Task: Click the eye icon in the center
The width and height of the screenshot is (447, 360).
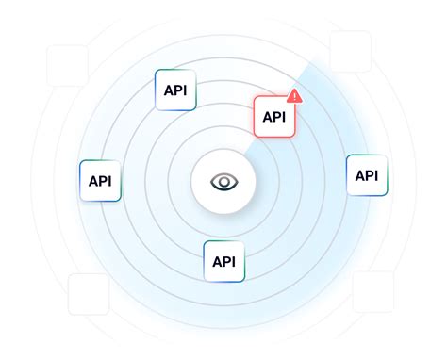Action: click(223, 181)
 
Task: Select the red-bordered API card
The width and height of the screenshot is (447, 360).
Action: click(273, 117)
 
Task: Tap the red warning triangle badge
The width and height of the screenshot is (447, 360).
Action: click(294, 95)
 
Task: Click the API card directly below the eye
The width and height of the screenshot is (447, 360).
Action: click(223, 261)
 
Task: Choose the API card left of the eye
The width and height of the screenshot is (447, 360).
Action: click(100, 181)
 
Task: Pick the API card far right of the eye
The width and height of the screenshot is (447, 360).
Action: click(367, 175)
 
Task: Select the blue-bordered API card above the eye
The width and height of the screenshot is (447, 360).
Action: click(174, 90)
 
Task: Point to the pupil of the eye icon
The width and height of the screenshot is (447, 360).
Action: click(223, 181)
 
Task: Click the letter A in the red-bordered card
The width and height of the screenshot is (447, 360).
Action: click(265, 117)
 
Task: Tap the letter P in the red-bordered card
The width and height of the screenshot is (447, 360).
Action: click(274, 117)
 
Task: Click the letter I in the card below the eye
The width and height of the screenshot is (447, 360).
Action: click(233, 261)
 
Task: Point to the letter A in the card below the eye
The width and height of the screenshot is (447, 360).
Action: click(216, 261)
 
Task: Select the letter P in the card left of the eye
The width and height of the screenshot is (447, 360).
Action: click(101, 181)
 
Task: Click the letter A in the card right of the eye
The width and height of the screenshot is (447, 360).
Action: click(358, 175)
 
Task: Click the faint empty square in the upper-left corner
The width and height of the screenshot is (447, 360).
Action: click(67, 65)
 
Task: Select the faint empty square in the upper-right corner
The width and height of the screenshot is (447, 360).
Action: click(350, 52)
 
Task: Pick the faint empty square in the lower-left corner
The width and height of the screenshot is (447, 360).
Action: click(88, 294)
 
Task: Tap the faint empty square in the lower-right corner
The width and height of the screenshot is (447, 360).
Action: click(373, 291)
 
